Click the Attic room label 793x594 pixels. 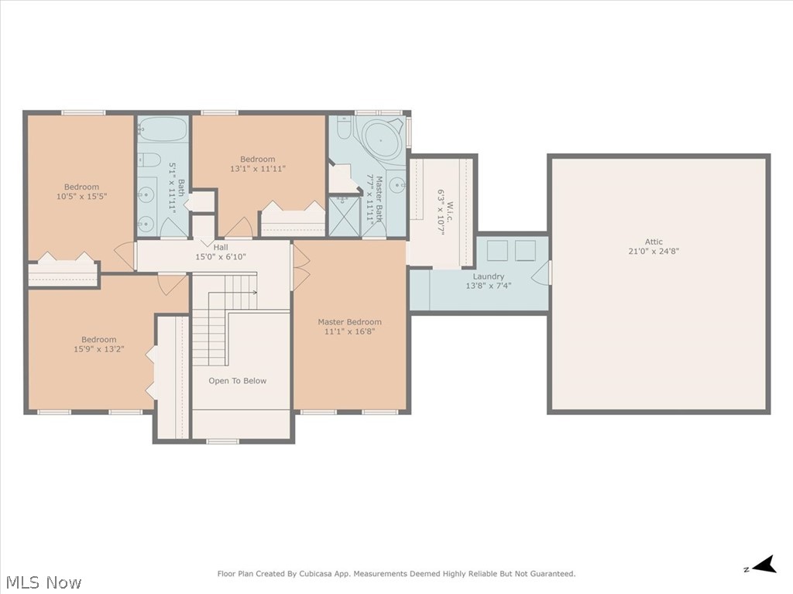point(654,242)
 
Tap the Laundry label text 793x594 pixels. point(488,276)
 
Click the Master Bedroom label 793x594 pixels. point(349,322)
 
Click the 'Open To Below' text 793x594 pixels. point(237,381)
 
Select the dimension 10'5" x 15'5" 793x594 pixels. point(81,197)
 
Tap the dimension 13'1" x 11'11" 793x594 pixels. point(258,169)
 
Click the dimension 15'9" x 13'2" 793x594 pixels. point(99,349)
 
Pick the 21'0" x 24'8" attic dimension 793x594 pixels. point(654,251)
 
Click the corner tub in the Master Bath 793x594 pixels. point(382,141)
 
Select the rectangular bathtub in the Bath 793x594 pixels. point(163,129)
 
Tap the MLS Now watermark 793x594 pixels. point(43,582)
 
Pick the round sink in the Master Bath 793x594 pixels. point(396,184)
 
